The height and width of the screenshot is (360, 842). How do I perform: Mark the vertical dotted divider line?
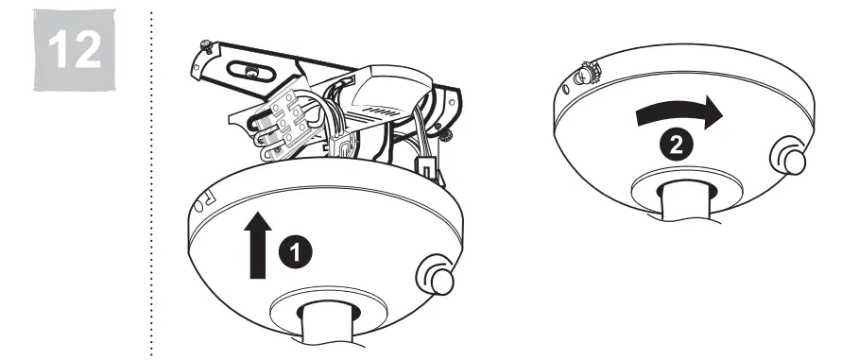[152, 180]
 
